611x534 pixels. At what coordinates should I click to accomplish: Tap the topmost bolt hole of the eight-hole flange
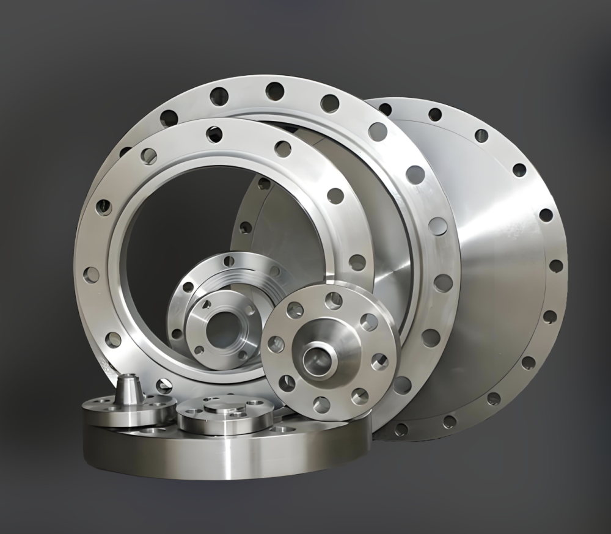click(333, 300)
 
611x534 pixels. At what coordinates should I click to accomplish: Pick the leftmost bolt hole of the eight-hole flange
click(276, 344)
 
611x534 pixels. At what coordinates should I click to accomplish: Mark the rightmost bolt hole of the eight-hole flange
click(379, 360)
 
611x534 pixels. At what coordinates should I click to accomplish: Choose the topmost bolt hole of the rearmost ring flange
click(274, 92)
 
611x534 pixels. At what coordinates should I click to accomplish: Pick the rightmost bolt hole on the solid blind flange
click(556, 266)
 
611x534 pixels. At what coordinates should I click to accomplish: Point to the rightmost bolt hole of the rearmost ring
click(444, 283)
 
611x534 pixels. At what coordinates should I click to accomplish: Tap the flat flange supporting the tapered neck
click(129, 409)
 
